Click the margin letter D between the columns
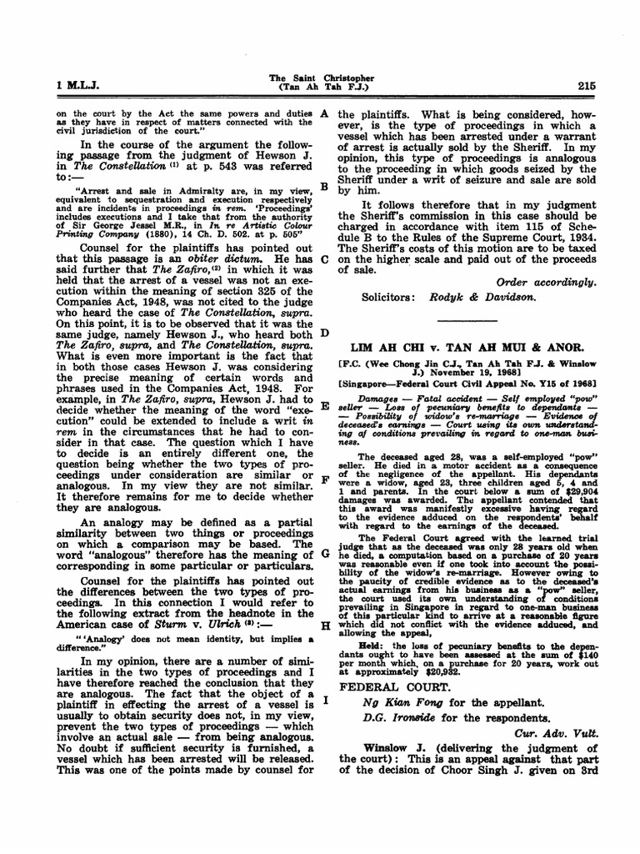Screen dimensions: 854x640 [x=324, y=333]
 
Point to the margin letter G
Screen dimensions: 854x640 [x=324, y=554]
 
